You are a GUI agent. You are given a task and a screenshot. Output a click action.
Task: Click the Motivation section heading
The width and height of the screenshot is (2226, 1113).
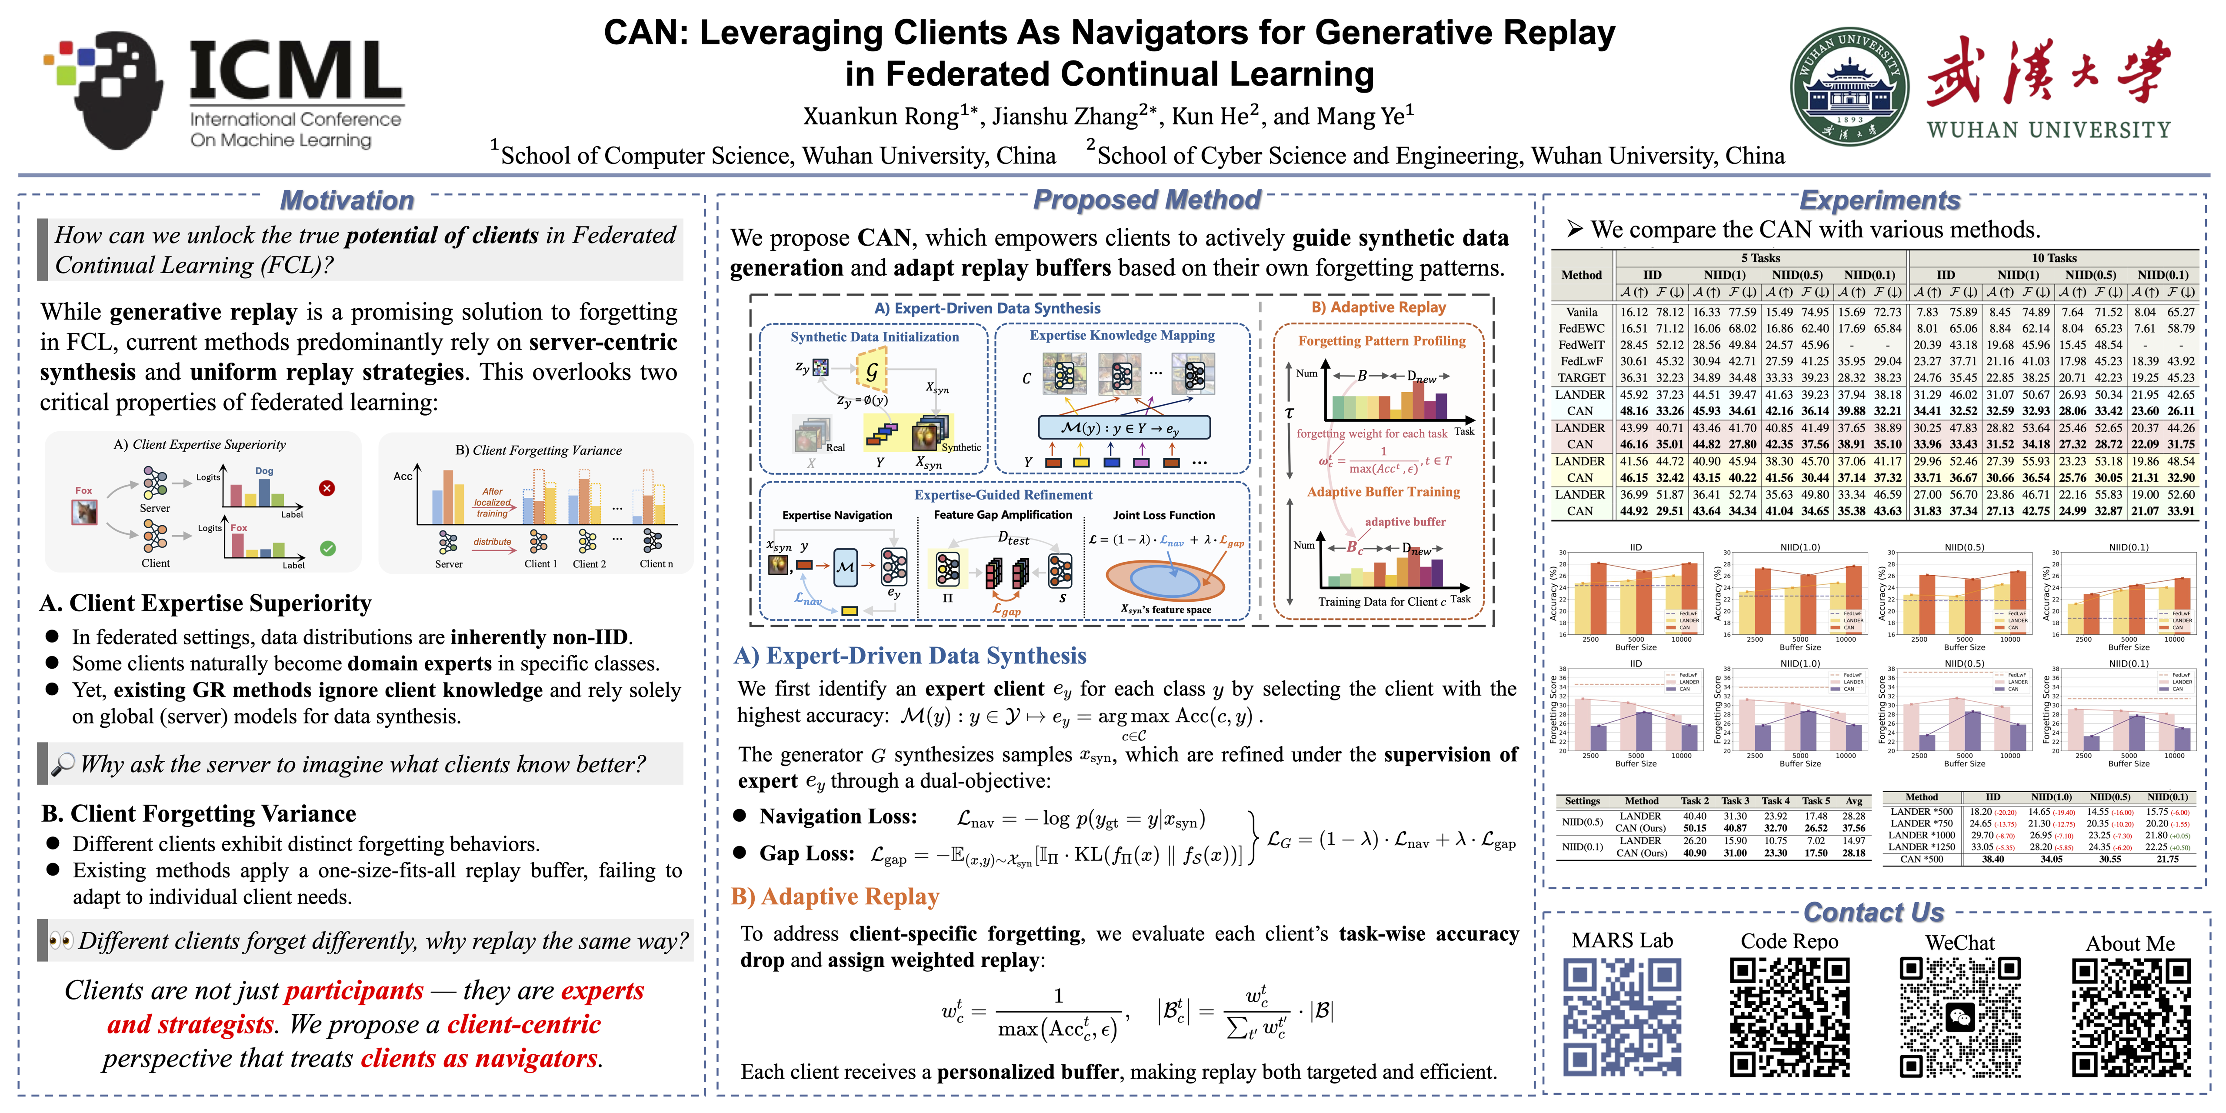click(347, 200)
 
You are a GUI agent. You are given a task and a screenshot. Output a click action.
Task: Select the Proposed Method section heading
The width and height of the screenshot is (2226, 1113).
click(1147, 200)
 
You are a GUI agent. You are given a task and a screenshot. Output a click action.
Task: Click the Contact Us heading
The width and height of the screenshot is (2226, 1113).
click(1873, 913)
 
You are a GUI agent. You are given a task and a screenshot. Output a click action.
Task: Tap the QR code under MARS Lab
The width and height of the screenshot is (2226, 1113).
click(1621, 1017)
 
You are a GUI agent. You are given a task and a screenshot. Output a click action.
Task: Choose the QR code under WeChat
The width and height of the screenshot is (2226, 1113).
click(1960, 1017)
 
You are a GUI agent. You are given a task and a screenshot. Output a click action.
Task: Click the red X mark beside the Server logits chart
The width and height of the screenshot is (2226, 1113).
click(327, 488)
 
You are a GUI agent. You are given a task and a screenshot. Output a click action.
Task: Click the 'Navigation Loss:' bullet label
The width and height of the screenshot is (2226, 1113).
click(837, 816)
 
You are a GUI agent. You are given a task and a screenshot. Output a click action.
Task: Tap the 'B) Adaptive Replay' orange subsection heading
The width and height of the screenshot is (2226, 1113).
click(835, 897)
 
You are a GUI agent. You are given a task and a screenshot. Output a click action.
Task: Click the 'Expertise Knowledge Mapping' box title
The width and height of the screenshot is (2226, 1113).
click(1122, 335)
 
